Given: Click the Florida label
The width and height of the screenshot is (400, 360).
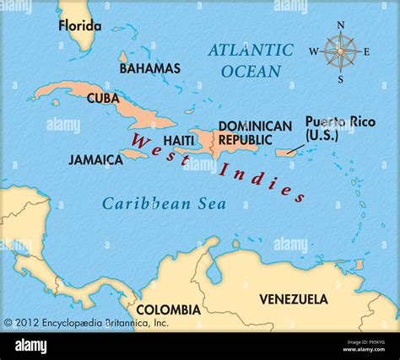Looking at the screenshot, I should [79, 25].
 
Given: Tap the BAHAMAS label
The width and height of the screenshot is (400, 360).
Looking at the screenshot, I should [149, 68].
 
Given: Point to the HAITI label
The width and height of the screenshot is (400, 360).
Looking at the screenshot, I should [180, 140].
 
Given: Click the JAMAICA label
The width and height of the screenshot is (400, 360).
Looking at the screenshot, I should [95, 159].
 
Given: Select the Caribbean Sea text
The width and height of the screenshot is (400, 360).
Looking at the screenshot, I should [147, 203].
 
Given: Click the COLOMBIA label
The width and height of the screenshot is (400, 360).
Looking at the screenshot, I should [169, 309].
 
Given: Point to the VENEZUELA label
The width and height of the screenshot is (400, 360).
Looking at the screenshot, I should [293, 299].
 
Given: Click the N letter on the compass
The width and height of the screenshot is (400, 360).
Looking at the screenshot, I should [341, 24].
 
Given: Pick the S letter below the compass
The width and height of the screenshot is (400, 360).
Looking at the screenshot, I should [340, 79].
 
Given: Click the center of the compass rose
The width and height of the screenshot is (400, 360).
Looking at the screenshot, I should [340, 52].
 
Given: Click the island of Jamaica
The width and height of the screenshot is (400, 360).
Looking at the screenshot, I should [136, 154].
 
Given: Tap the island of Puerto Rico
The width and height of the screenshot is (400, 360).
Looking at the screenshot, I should [289, 153].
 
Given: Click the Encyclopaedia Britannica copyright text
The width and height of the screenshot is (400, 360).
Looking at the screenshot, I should [86, 322].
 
